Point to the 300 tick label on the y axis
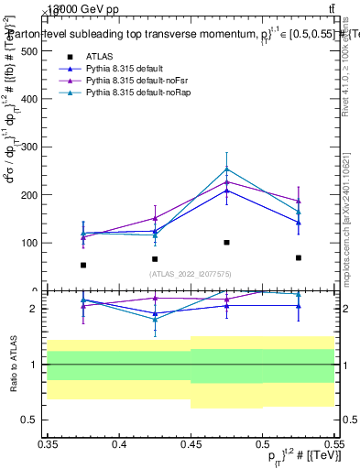click(x=28, y=147)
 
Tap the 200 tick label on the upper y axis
click(x=28, y=195)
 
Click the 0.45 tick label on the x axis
click(x=190, y=443)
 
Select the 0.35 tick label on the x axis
click(x=47, y=443)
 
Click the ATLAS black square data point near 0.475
click(x=226, y=243)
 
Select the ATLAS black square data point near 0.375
click(x=83, y=266)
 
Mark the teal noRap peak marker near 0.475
click(x=226, y=169)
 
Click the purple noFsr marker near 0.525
click(x=298, y=201)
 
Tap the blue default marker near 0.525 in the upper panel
click(x=298, y=223)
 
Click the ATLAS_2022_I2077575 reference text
click(x=190, y=273)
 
